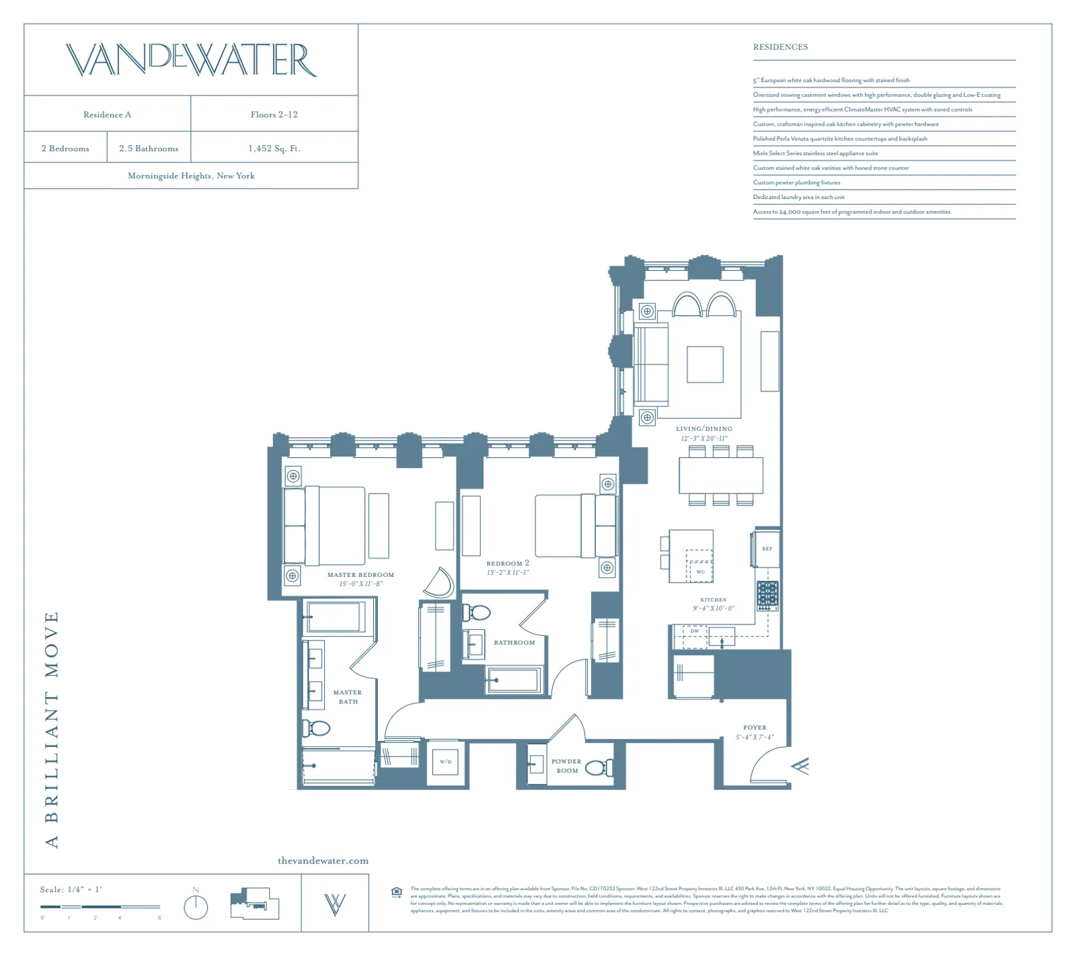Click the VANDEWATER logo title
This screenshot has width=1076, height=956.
click(x=191, y=60)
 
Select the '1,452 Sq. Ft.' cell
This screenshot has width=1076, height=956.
click(x=274, y=149)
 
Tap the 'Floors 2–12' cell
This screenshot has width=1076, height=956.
click(x=274, y=114)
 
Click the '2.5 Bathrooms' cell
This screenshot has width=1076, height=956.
click(x=149, y=149)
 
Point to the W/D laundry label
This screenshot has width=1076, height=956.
click(x=445, y=762)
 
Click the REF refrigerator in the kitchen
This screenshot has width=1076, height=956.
click(x=767, y=549)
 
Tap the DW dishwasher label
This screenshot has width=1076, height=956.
click(x=695, y=631)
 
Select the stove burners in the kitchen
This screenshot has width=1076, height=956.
click(x=767, y=595)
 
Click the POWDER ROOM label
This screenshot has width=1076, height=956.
click(x=566, y=766)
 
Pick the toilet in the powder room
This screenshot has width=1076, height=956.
click(x=599, y=767)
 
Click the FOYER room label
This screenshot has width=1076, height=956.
click(x=755, y=727)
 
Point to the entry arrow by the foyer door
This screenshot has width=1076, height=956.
click(x=800, y=766)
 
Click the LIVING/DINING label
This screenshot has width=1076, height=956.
click(x=704, y=428)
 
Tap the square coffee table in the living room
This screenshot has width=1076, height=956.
click(x=705, y=364)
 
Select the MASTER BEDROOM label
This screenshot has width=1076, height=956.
click(x=360, y=575)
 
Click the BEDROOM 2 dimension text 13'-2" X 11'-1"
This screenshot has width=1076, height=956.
click(x=508, y=573)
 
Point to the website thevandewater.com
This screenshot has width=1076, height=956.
click(x=323, y=861)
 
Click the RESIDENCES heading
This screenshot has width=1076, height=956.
click(x=780, y=47)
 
